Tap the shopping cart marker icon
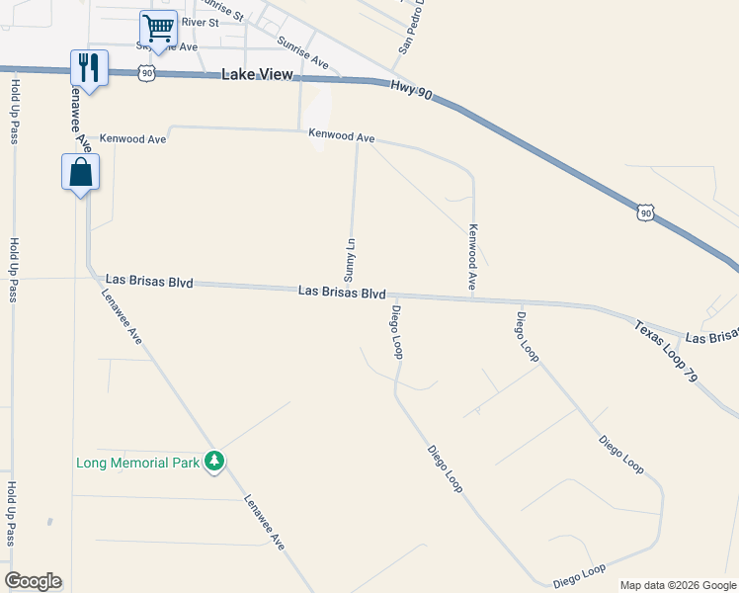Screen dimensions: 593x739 [157, 28]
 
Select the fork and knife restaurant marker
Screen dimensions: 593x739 [89, 68]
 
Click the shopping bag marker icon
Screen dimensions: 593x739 [80, 173]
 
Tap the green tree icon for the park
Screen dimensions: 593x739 [214, 462]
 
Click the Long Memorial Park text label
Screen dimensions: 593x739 [138, 463]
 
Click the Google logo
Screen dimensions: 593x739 [33, 581]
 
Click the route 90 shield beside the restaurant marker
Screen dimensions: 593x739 [146, 72]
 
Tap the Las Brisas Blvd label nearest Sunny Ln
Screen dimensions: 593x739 [342, 293]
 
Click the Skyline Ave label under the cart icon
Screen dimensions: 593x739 [174, 46]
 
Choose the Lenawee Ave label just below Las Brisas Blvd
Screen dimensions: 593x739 [123, 315]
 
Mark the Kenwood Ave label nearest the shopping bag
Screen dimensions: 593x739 [133, 139]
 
